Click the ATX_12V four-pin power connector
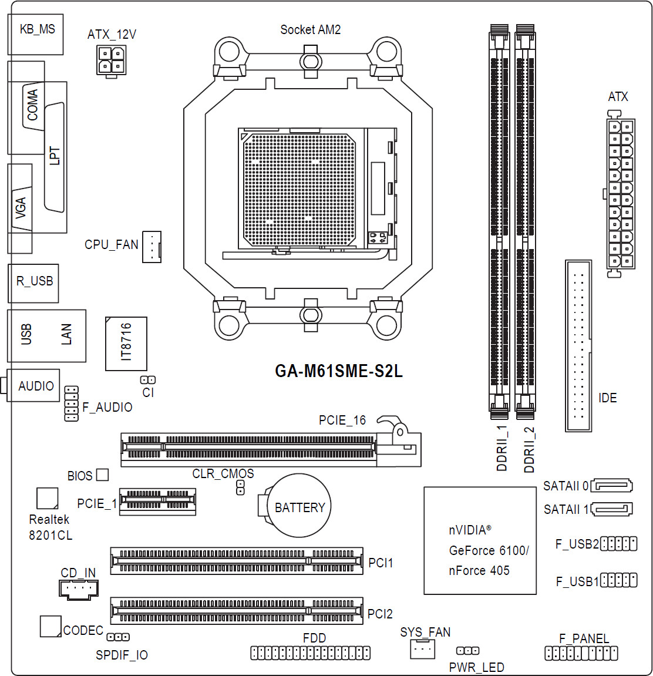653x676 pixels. [112, 61]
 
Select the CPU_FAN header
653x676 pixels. [152, 247]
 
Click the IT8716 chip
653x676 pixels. [126, 344]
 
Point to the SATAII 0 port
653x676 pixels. [611, 486]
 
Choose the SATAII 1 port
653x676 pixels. [611, 509]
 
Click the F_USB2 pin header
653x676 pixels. [618, 544]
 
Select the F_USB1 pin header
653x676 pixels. [618, 580]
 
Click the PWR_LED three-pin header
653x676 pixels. [467, 651]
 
